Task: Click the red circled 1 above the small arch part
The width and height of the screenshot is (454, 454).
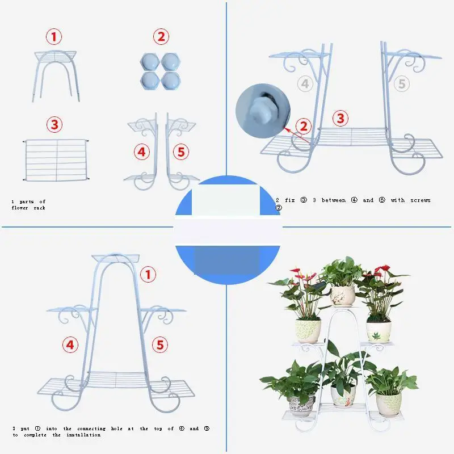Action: point(54,37)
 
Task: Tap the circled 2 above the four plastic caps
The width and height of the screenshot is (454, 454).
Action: point(161,37)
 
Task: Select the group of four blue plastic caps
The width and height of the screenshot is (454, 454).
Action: point(161,70)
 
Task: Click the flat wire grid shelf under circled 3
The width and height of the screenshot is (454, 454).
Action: point(57,160)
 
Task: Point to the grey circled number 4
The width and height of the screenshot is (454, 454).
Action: point(305,84)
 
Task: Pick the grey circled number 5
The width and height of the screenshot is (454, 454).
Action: point(402,84)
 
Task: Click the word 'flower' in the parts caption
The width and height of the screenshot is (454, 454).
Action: point(19,208)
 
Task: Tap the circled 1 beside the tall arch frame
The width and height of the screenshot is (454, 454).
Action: point(148,275)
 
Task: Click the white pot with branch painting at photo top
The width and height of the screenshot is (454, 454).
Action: point(343,296)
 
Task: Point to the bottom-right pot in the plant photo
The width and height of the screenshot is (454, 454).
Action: point(389,403)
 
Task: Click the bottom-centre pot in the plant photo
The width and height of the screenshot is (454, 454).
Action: point(343,396)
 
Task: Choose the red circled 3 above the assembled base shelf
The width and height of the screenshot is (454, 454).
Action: point(340,119)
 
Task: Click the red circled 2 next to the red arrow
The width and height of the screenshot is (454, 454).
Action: point(305,126)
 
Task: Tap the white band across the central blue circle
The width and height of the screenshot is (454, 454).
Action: point(227,230)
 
